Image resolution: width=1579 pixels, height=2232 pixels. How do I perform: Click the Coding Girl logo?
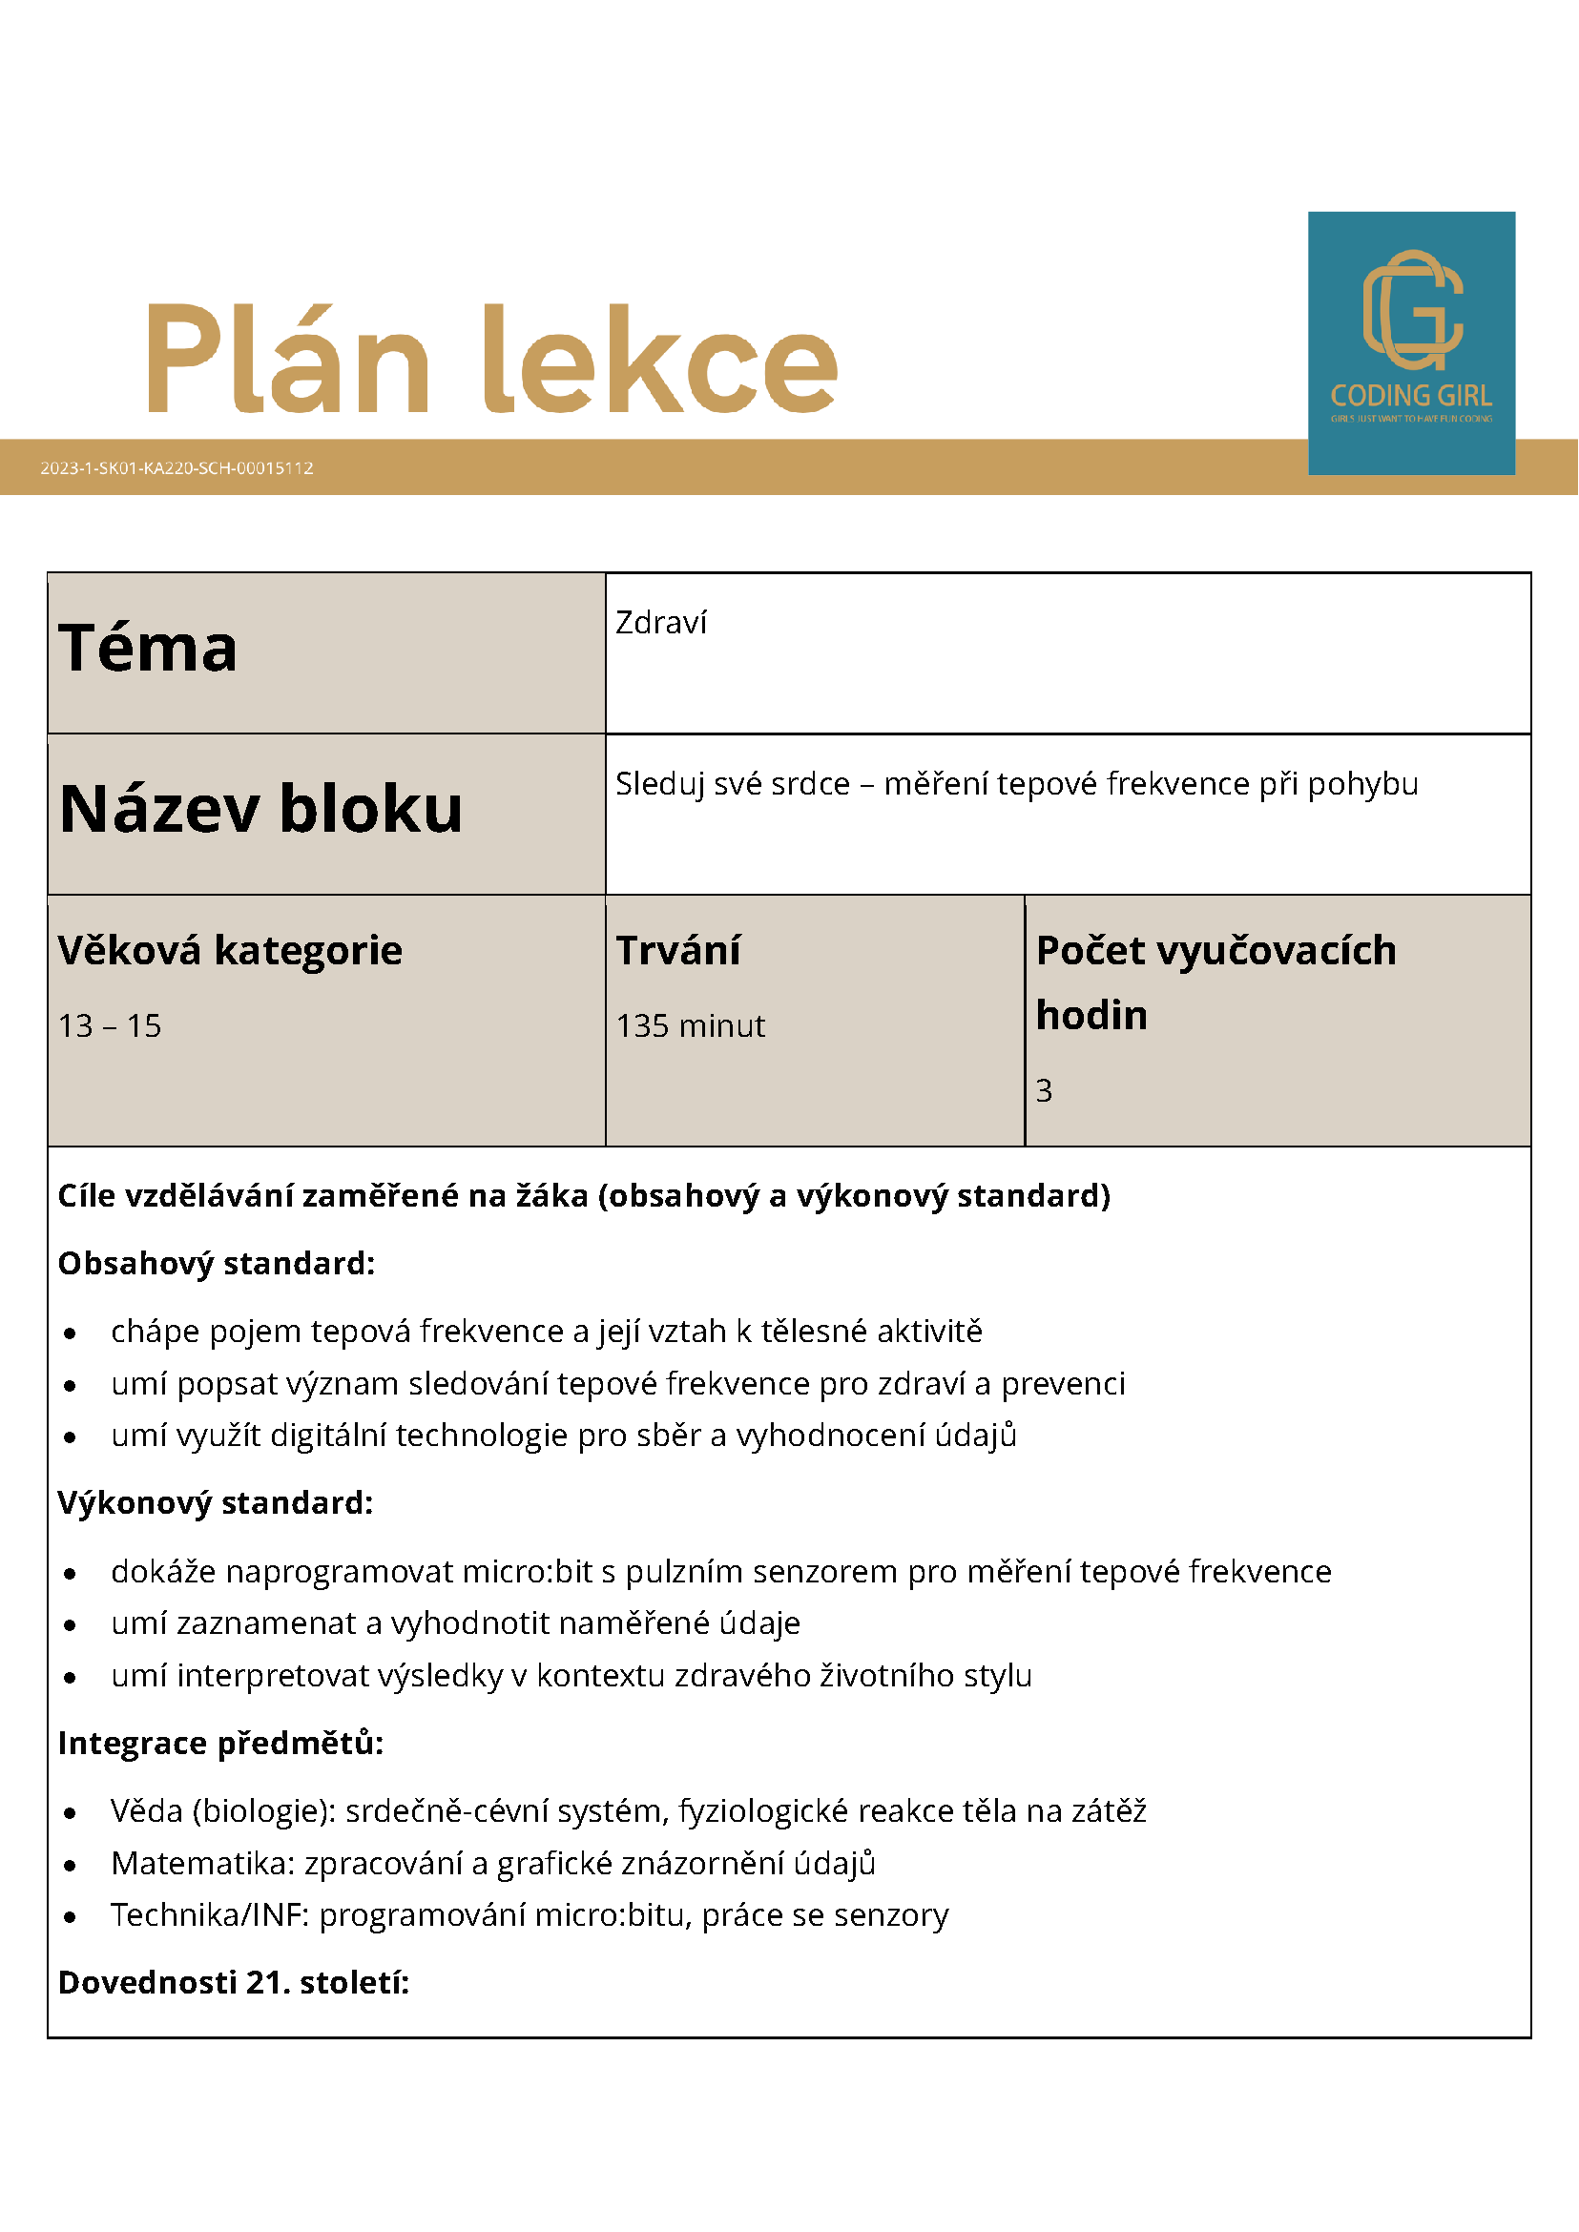1411,342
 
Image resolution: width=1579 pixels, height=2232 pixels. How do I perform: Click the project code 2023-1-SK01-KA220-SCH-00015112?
177,467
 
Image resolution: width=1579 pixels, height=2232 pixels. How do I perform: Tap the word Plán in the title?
288,360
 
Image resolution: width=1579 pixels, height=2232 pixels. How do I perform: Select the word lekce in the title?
660,360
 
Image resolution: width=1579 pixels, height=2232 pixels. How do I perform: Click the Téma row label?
148,648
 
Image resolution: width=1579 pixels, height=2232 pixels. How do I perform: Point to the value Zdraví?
661,623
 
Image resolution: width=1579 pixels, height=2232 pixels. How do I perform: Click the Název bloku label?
260,809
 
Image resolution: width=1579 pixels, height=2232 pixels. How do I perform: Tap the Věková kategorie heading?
230,950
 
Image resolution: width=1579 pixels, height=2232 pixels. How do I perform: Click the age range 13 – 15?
110,1025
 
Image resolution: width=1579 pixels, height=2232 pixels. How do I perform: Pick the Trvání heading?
677,950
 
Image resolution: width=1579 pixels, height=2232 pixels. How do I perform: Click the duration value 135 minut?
691,1025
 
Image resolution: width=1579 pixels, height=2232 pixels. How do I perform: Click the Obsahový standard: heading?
216,1263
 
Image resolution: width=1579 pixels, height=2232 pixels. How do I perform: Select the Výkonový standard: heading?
215,1503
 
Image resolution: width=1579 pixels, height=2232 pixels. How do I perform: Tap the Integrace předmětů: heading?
220,1743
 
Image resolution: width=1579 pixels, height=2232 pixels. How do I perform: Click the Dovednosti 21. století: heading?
234,1982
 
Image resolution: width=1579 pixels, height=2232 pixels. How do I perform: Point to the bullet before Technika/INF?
70,1917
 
